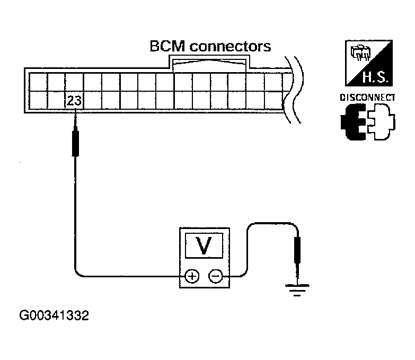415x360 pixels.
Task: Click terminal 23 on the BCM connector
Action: point(75,99)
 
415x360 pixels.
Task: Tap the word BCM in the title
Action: point(167,46)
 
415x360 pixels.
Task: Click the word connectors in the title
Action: point(231,46)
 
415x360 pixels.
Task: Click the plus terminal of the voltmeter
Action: point(191,276)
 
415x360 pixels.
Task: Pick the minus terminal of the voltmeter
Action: point(215,276)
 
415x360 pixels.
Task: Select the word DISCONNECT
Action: point(368,98)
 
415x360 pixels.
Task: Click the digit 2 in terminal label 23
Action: point(72,99)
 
